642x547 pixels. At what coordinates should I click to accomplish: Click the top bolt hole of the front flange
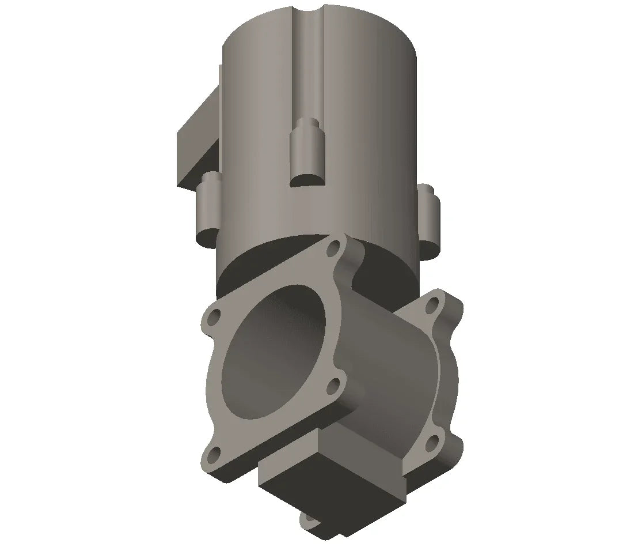334,251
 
